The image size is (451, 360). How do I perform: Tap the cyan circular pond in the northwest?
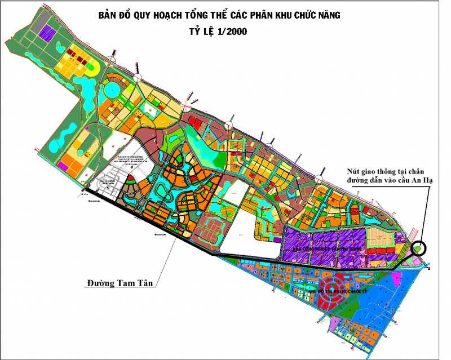pyautogui.click(x=110, y=90)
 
